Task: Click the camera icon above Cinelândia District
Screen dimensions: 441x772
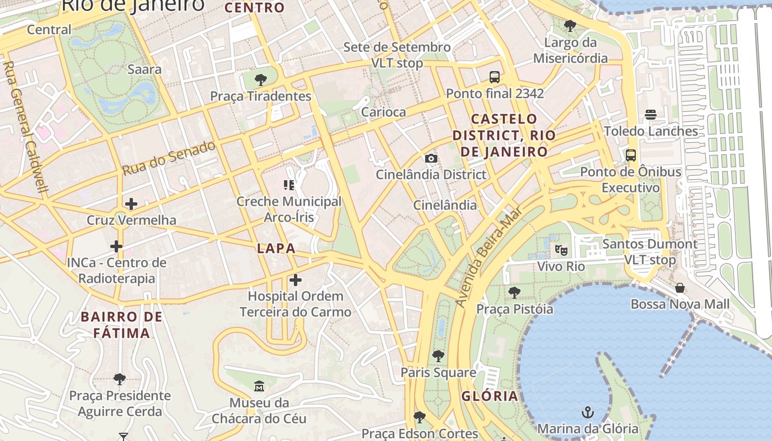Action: click(431, 159)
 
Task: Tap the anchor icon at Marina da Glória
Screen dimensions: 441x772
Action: click(588, 412)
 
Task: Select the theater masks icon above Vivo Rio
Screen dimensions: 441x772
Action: click(561, 250)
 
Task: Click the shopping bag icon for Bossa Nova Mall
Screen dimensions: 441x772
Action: click(680, 288)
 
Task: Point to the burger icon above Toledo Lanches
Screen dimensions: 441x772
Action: click(651, 115)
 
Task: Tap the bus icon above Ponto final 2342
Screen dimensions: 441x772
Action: click(495, 77)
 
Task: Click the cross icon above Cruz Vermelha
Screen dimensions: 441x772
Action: click(131, 204)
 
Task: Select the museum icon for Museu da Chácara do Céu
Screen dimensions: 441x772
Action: click(259, 386)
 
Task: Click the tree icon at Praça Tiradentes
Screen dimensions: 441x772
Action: click(260, 80)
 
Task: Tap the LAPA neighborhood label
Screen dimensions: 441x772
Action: click(276, 249)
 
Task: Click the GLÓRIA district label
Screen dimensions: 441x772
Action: click(490, 396)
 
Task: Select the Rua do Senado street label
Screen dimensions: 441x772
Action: click(168, 158)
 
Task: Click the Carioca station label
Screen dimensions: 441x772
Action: click(383, 112)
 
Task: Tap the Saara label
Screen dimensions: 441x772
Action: click(144, 69)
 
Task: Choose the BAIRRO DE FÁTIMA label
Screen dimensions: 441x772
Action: click(122, 325)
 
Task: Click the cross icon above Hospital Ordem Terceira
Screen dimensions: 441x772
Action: click(296, 280)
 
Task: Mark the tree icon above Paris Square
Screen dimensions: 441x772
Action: click(438, 356)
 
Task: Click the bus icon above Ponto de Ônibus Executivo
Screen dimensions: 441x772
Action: click(631, 155)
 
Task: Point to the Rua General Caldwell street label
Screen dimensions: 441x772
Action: click(25, 126)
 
